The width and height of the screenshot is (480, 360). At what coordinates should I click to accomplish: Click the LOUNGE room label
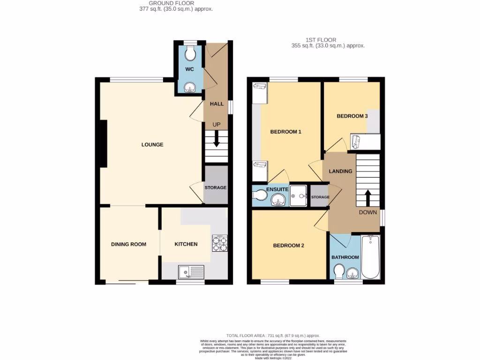152,145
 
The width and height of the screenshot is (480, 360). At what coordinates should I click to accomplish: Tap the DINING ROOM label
128,244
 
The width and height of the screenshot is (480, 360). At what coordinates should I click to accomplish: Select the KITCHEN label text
186,244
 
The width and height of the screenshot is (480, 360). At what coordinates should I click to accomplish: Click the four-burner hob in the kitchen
220,243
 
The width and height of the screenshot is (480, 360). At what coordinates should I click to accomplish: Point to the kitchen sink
191,271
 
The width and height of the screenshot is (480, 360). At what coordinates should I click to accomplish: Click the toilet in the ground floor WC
190,54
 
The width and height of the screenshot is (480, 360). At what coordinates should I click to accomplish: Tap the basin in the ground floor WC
190,87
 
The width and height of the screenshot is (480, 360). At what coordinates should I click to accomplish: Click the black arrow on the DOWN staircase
367,197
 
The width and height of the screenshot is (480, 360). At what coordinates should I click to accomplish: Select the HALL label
217,104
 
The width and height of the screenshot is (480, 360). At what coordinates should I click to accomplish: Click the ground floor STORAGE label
215,187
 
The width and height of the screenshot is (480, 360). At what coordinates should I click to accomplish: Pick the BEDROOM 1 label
285,132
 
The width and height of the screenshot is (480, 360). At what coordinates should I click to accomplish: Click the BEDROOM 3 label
352,116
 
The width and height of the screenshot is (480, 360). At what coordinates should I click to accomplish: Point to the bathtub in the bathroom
370,258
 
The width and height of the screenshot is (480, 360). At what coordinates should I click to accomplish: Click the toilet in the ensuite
259,195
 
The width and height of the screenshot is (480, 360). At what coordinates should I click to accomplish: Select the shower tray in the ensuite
298,195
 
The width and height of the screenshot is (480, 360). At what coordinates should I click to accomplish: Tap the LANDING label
340,172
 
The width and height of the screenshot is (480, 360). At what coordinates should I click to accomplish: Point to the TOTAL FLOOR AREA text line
273,336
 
